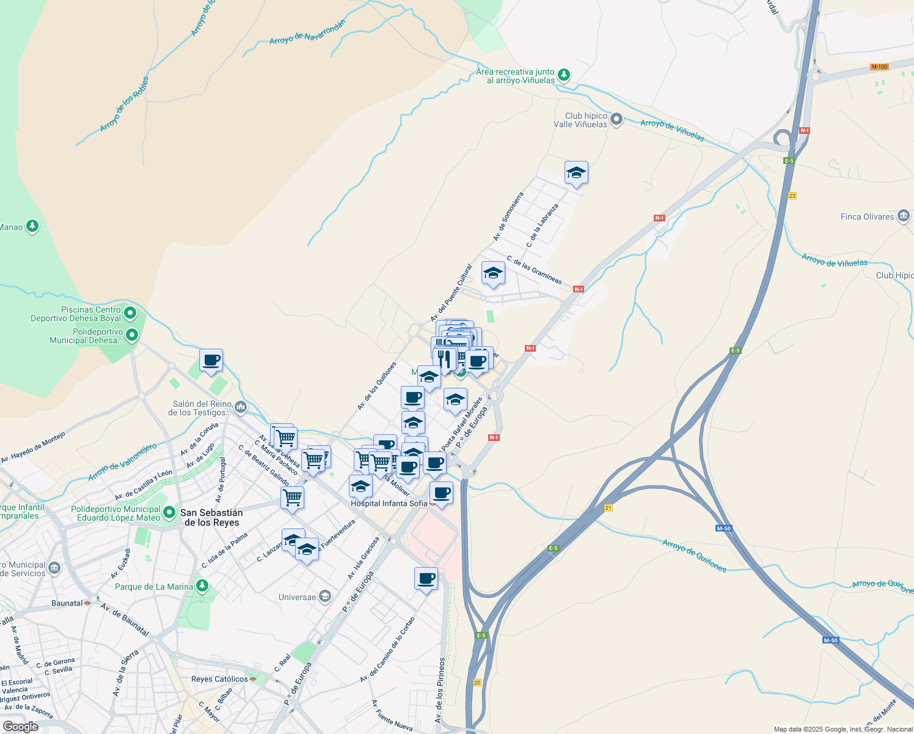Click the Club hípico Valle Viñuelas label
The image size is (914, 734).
tap(580, 120)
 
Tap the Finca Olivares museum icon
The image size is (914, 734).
tap(904, 217)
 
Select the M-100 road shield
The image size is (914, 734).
tap(879, 67)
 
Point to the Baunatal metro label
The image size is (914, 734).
tap(67, 603)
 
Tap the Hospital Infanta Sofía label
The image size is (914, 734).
tap(389, 503)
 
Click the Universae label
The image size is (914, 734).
tap(298, 597)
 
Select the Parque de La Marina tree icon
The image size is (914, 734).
tap(202, 586)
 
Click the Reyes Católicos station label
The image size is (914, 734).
tap(219, 679)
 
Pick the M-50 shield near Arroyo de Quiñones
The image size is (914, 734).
tap(723, 528)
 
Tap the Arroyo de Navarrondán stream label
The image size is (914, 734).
tap(307, 32)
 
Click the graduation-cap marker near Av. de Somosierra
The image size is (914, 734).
tap(576, 173)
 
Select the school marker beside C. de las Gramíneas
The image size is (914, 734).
tap(492, 273)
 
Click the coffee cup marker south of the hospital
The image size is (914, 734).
tap(426, 579)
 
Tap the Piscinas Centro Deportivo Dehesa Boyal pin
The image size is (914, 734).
tap(130, 314)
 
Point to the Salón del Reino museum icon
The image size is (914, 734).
tap(241, 407)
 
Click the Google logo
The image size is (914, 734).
tap(20, 726)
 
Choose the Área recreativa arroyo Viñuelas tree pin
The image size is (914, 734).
tap(564, 75)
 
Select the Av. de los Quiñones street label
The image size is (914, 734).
tap(377, 385)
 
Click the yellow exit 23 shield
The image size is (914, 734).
tap(792, 196)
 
